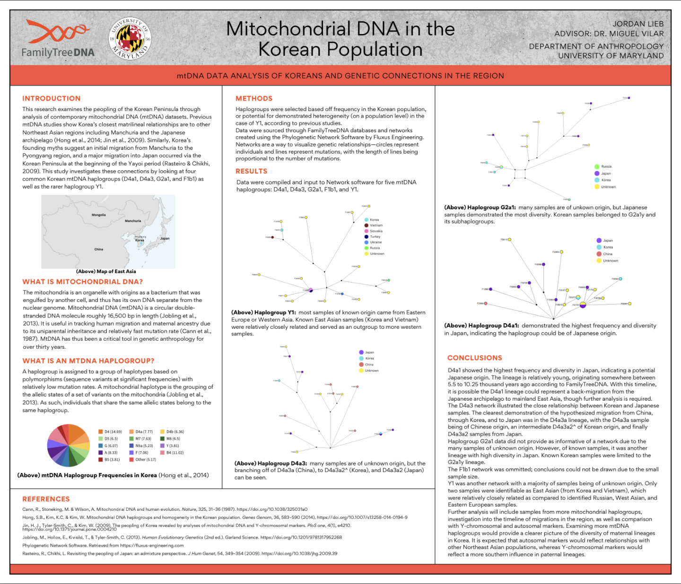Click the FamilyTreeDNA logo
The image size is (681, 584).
(58, 40)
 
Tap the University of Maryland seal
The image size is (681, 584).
(130, 39)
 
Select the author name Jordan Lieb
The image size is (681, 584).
(638, 24)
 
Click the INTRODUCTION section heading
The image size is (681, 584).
(52, 98)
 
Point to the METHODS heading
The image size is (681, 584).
(254, 98)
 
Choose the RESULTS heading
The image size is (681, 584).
(252, 171)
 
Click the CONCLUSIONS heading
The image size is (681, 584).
(475, 358)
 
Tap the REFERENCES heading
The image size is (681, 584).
(46, 499)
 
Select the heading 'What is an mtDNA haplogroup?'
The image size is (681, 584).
(88, 361)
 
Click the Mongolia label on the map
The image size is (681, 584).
(99, 215)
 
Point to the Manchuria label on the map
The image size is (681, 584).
(133, 221)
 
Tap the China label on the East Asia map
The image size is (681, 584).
(98, 249)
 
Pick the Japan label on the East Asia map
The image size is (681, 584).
(165, 238)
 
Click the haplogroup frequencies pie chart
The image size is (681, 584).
(69, 444)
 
